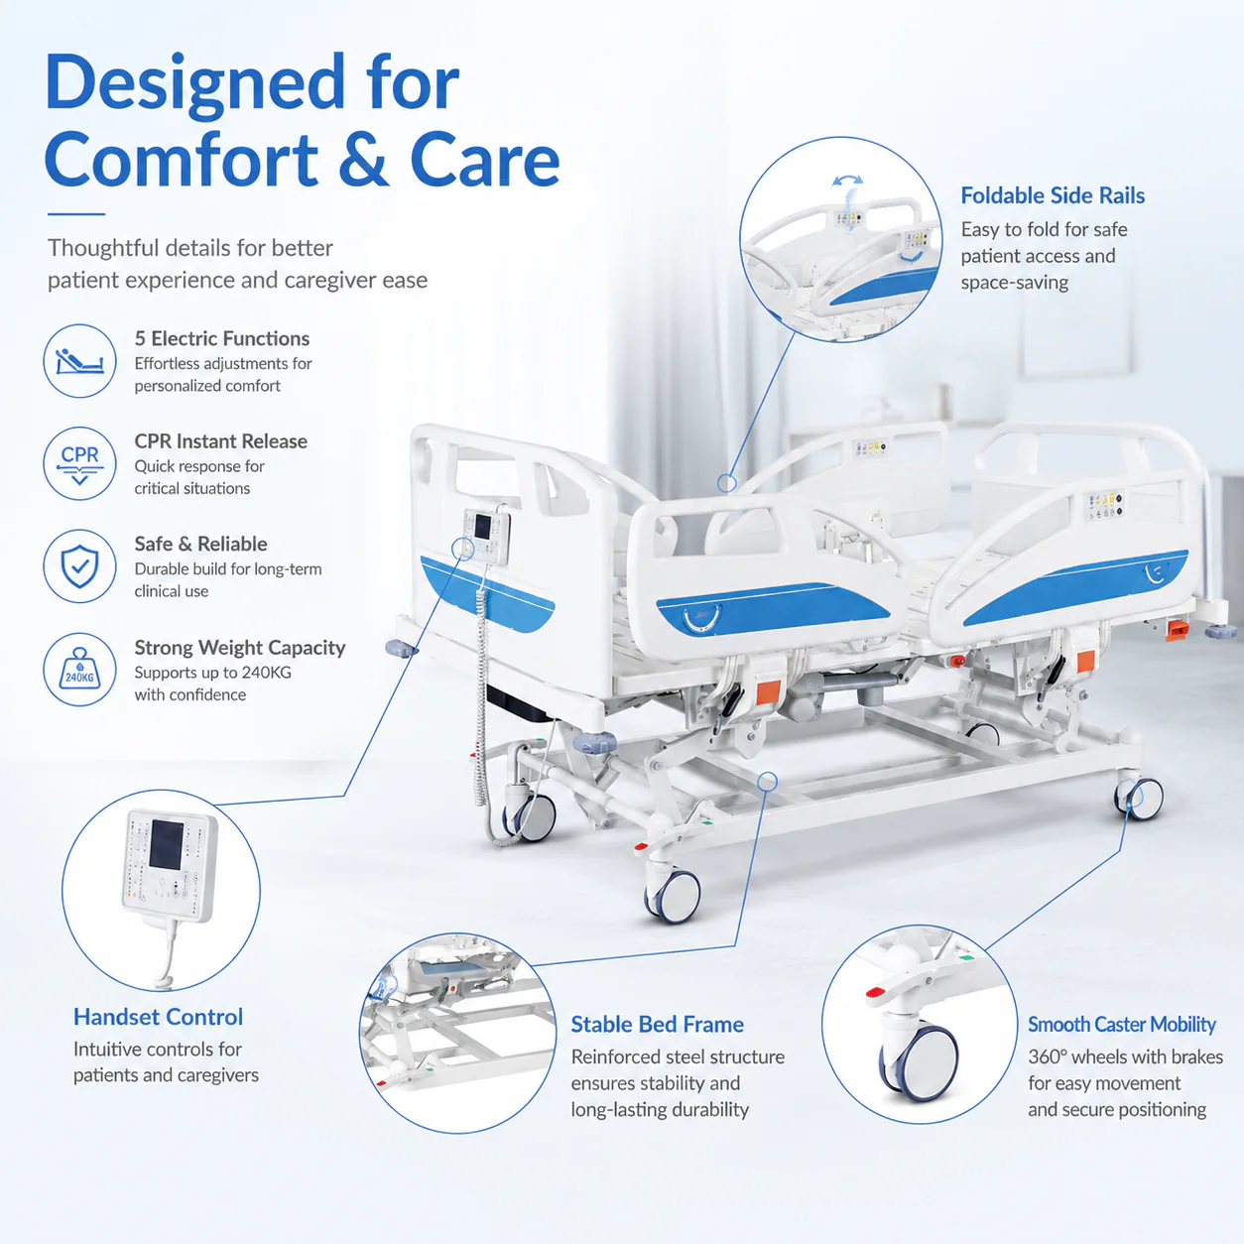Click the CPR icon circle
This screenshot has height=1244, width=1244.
[x=79, y=463]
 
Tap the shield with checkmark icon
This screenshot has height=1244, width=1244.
[x=79, y=566]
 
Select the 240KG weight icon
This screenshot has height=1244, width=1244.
[x=79, y=669]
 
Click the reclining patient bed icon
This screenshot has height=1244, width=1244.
[x=79, y=361]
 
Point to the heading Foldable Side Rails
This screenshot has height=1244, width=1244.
[x=1053, y=195]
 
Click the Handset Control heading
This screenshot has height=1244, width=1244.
[x=158, y=1017]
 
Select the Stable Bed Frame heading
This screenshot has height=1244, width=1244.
[x=657, y=1025]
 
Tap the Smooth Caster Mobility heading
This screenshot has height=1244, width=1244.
[x=1122, y=1025]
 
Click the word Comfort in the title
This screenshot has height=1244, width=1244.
[x=182, y=160]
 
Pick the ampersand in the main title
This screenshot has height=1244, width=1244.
[x=363, y=160]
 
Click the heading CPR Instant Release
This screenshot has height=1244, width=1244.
[x=221, y=441]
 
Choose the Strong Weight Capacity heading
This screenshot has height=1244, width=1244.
[x=240, y=648]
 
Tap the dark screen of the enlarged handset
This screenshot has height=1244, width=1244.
[x=167, y=844]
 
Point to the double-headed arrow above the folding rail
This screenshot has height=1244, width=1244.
[x=847, y=181]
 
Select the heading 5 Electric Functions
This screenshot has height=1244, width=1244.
[x=222, y=339]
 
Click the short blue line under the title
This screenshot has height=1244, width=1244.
[x=76, y=213]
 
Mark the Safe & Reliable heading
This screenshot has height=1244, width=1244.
[x=200, y=545]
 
